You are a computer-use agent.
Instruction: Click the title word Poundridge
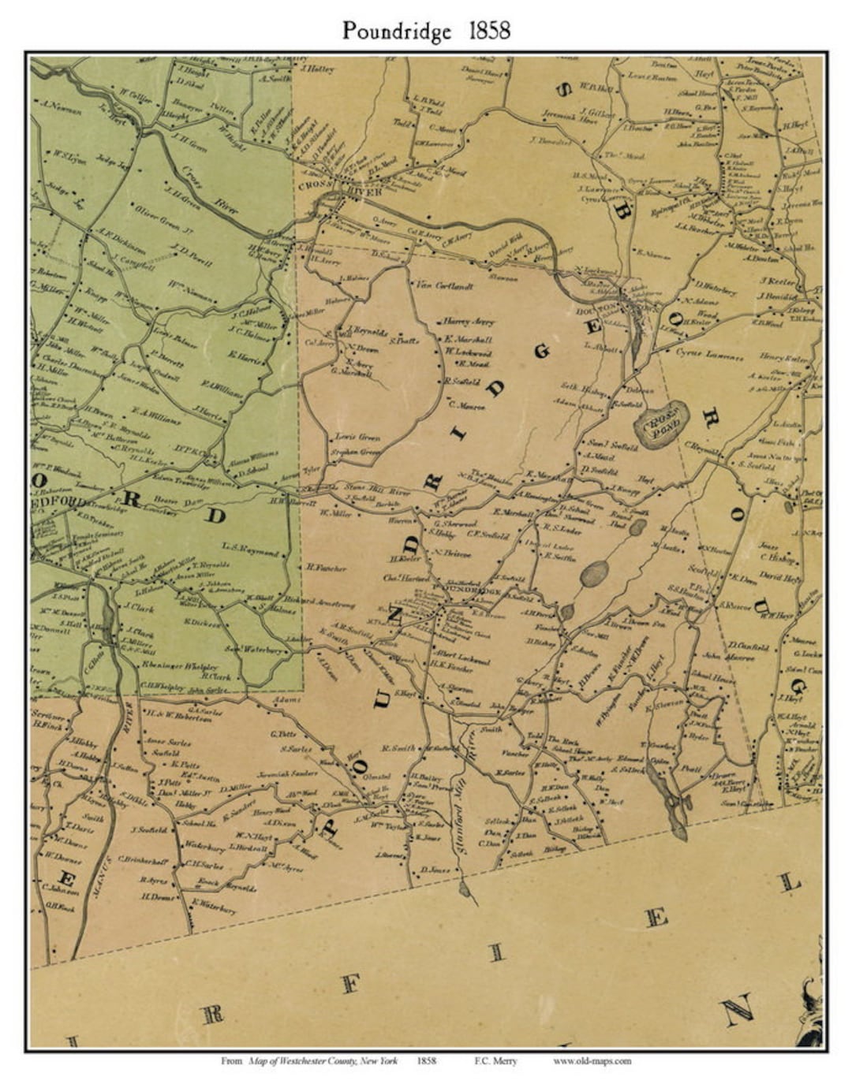point(397,31)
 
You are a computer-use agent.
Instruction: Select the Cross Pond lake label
point(663,427)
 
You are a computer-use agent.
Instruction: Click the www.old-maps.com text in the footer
point(592,1061)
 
